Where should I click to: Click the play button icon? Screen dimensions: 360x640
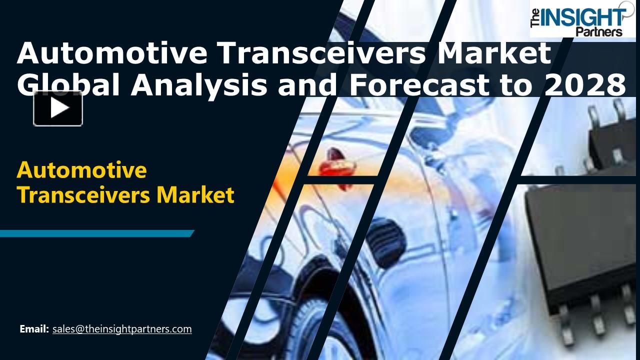(x=58, y=108)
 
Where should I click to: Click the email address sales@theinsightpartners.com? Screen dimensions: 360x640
(x=122, y=329)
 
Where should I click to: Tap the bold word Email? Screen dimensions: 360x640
(x=34, y=329)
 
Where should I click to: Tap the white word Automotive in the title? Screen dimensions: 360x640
(x=111, y=53)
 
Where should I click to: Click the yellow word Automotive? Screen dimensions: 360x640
(x=81, y=170)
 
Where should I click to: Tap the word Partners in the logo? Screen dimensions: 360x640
(x=599, y=31)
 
